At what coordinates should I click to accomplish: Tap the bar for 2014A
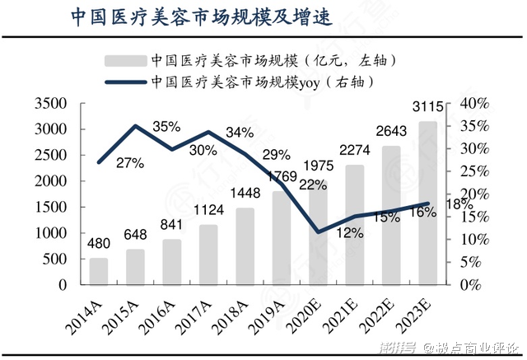click(99, 271)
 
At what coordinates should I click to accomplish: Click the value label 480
click(99, 244)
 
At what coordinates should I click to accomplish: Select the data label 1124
click(208, 210)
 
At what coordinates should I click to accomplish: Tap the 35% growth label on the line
click(166, 127)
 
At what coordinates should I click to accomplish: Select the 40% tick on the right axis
click(474, 104)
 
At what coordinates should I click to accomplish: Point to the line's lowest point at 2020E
click(318, 231)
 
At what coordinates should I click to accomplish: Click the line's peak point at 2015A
click(135, 126)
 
